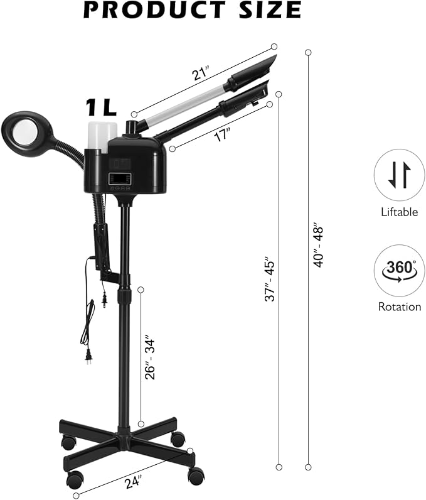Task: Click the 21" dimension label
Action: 201,73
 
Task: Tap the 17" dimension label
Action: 222,134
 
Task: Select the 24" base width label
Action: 134,481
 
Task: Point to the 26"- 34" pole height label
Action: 150,357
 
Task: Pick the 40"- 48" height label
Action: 318,245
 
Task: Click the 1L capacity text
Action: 100,108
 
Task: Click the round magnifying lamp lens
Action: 26,133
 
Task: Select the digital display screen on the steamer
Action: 120,179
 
